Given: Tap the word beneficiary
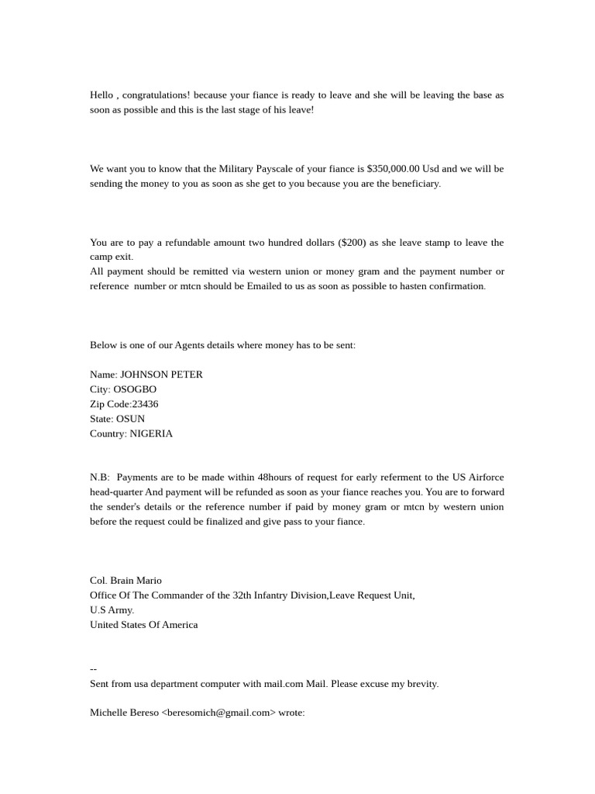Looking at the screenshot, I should [x=411, y=184].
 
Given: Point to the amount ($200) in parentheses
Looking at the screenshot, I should [x=353, y=243].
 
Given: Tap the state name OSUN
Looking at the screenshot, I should [x=130, y=419].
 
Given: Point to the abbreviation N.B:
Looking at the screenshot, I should [x=100, y=478].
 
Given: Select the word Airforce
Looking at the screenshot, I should [x=484, y=478].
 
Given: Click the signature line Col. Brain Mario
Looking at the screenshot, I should [x=126, y=581].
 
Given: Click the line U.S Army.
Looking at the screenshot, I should [x=112, y=610].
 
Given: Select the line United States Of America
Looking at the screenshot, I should [x=143, y=625].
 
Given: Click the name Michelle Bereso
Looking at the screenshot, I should [x=124, y=713].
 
